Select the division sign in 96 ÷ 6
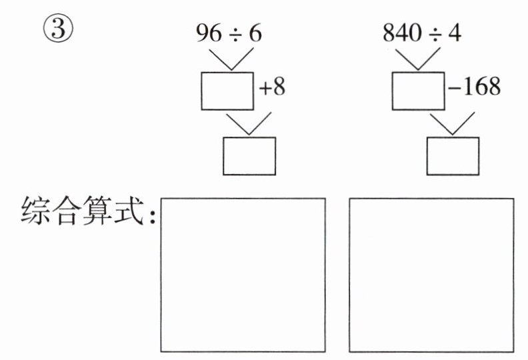coord(233,33)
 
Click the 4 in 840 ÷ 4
coord(455,33)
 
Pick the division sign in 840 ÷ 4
coord(433,33)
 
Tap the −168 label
coord(474,87)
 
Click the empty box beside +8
coord(227,91)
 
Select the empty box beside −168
coord(418,91)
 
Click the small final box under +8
coord(249,156)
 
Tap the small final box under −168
coord(453,156)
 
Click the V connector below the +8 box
coord(249,123)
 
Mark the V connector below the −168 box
coord(453,123)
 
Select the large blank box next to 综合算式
coord(243,275)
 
